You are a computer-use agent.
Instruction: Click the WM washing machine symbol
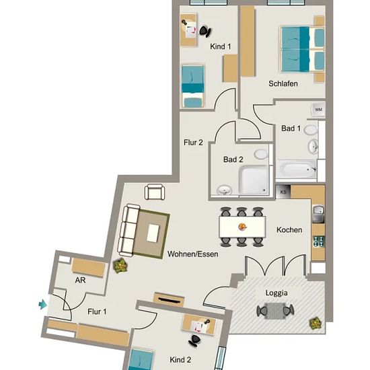click(318, 110)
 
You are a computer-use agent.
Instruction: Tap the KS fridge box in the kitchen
click(283, 192)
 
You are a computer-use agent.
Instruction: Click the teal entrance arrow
click(42, 304)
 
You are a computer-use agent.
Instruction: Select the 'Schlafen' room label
click(283, 84)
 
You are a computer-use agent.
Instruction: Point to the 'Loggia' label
click(276, 293)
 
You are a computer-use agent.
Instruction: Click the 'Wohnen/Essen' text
click(193, 254)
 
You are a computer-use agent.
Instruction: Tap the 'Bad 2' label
click(233, 159)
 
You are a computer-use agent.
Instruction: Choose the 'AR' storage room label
click(80, 281)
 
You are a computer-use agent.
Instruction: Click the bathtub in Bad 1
click(297, 169)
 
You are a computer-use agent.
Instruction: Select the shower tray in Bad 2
click(254, 180)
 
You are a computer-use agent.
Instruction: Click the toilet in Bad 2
click(261, 154)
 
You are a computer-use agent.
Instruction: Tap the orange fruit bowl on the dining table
click(242, 227)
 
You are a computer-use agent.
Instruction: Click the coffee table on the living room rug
click(153, 233)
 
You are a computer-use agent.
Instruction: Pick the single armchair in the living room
click(155, 192)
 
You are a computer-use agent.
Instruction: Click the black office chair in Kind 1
click(205, 31)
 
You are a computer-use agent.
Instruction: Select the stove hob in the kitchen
click(319, 242)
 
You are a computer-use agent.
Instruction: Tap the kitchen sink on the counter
click(319, 214)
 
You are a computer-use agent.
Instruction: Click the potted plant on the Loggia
click(316, 324)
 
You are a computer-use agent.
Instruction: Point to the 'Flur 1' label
click(97, 311)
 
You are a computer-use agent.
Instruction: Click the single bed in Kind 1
click(193, 86)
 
